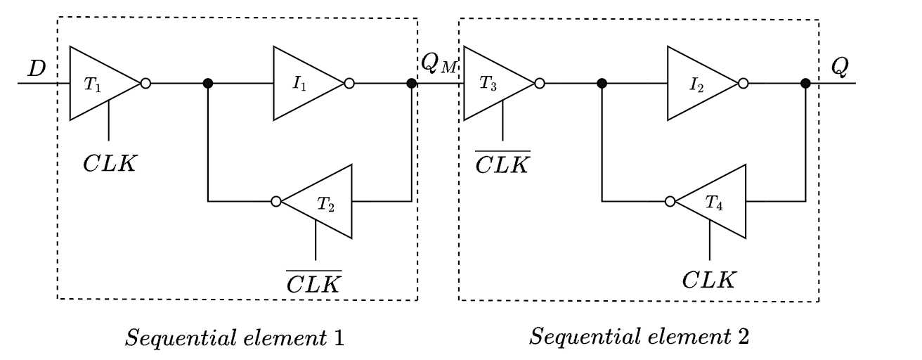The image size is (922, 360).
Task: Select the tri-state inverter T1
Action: point(101,84)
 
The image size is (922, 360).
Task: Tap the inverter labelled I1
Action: point(305,84)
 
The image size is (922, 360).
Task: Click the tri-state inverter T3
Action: point(495,84)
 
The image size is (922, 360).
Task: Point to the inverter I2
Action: point(699,84)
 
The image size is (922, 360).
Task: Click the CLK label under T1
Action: point(109,164)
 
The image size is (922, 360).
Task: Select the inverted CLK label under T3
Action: point(503,163)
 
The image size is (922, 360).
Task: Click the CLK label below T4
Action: point(710,280)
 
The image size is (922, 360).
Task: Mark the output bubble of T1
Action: point(145,84)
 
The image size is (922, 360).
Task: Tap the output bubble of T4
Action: point(670,202)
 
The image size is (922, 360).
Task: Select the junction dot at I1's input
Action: point(208,84)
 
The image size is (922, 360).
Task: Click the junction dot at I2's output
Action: point(805,84)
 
